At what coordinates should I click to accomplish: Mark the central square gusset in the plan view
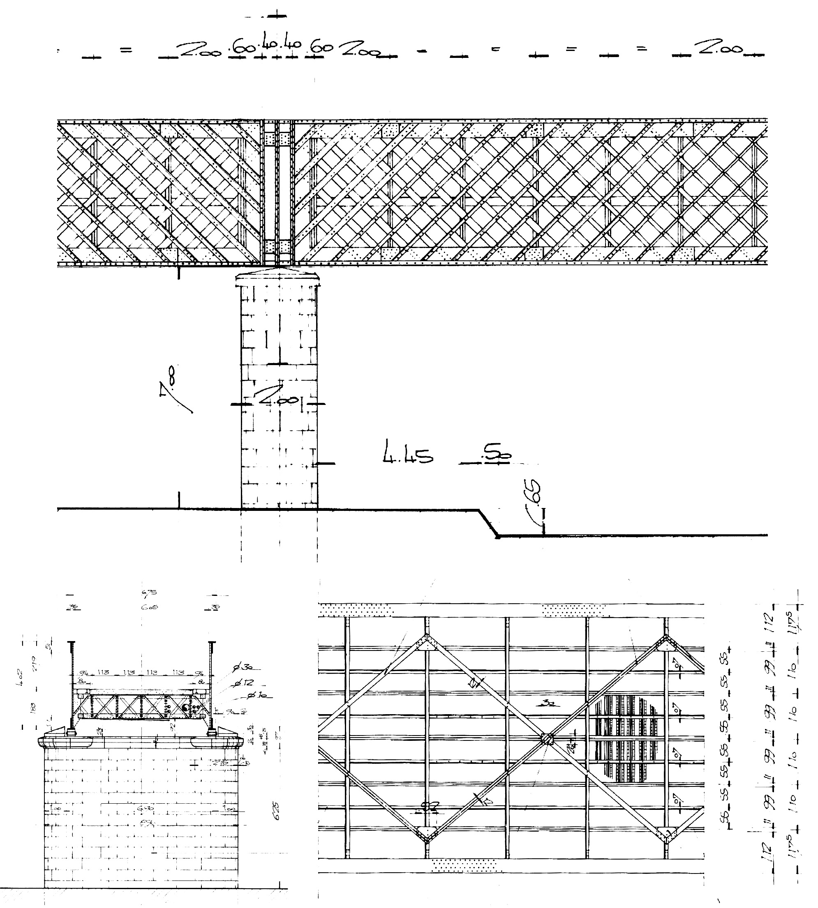547,740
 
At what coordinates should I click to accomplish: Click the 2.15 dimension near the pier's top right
222,763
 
